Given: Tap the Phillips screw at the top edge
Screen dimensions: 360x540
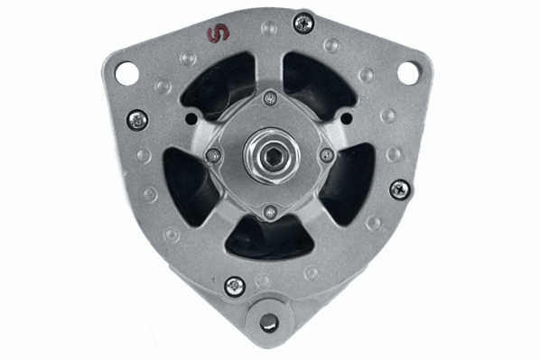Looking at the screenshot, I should coord(303,22).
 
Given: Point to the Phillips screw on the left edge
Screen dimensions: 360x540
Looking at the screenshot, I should coord(137,118).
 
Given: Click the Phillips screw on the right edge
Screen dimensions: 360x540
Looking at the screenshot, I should coord(400,189).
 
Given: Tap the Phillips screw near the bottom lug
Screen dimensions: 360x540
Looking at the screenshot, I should coord(235,286).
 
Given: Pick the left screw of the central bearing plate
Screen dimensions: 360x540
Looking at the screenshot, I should coord(212,155).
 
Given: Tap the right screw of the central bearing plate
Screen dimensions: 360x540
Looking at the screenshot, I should coord(327,156).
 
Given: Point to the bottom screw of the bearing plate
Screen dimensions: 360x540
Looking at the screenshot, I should coord(269,213).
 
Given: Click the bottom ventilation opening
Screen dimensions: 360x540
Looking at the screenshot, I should coord(269,239).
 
